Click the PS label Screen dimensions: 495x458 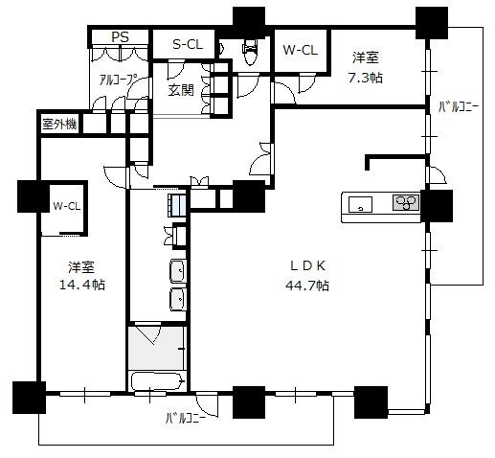pos(120,37)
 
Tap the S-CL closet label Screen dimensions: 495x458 pos(188,44)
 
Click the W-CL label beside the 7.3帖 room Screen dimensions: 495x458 pos(301,50)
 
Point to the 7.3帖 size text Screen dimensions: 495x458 pos(365,78)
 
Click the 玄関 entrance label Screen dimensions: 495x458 pos(181,90)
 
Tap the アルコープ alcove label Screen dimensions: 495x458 pos(118,80)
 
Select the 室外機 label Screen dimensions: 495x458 pos(60,124)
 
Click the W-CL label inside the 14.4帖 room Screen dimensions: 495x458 pos(67,206)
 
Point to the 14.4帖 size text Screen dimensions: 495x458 pos(82,284)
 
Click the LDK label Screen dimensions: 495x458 pos(307,265)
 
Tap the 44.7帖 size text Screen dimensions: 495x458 pos(307,285)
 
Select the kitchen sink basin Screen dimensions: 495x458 pos(360,204)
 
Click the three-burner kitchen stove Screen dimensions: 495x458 pos(406,202)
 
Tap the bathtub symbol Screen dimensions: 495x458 pos(157,380)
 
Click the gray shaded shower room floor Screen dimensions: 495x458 pos(156,348)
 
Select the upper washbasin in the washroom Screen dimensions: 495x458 pos(177,271)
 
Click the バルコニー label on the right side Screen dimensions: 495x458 pos(458,107)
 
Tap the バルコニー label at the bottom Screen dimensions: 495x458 pos(186,418)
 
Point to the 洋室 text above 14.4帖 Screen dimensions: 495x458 pos(81,267)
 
